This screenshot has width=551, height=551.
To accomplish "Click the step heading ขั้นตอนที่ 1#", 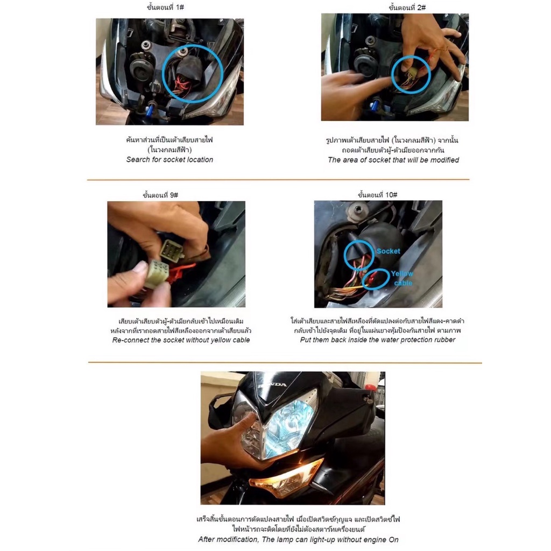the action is tap(165, 7).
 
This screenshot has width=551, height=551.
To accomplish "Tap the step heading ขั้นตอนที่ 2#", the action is tap(407, 8).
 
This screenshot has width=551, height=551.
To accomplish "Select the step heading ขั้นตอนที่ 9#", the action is tap(160, 195).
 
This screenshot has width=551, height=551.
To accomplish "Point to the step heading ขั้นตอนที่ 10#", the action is tap(377, 194).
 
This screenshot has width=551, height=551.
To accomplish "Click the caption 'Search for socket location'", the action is tap(169, 159).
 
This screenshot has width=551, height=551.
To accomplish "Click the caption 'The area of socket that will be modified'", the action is tap(393, 160).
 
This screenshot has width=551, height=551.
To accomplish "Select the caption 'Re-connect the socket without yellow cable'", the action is tap(181, 340).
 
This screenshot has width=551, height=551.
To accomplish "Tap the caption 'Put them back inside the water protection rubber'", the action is tap(377, 340).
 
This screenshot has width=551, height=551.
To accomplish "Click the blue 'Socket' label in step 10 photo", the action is tap(388, 251).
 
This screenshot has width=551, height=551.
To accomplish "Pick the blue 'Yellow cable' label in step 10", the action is tap(402, 278).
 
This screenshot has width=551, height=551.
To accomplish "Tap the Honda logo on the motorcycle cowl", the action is tap(272, 385).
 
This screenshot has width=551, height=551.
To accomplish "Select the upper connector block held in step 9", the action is tap(172, 249).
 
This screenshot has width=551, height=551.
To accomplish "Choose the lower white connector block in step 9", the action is tap(157, 273).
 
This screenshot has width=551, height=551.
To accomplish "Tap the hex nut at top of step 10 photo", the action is tap(358, 209).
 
